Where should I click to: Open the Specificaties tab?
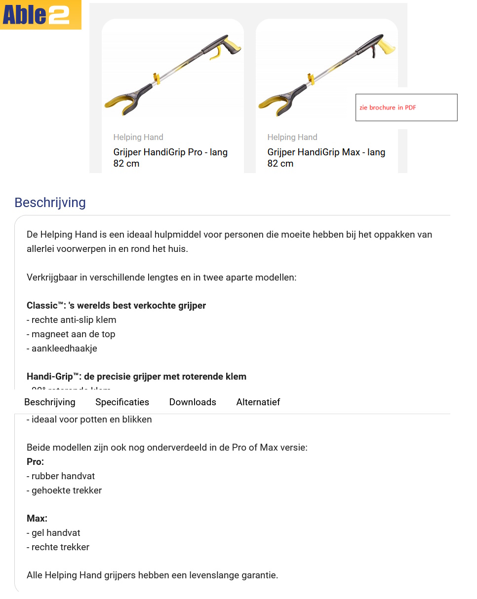click(x=122, y=402)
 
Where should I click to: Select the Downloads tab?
click(x=193, y=402)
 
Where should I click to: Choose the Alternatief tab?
click(x=258, y=402)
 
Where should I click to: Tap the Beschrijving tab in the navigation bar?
click(x=50, y=402)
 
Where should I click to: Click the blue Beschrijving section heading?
click(x=50, y=203)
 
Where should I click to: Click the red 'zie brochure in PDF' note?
click(x=388, y=107)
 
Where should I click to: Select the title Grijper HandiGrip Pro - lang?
click(x=170, y=152)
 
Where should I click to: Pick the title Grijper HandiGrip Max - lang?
click(x=326, y=152)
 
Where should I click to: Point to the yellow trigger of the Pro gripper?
click(x=216, y=55)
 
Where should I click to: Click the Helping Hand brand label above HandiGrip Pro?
click(x=138, y=137)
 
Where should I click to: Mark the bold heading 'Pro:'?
click(x=35, y=462)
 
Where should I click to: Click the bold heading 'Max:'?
click(x=37, y=519)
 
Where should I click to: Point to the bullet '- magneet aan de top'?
click(x=71, y=334)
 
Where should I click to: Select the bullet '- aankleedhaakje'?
click(x=62, y=349)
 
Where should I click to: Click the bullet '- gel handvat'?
click(x=53, y=533)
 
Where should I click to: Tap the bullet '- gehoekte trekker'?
click(x=64, y=491)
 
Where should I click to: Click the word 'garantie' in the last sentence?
click(x=259, y=575)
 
